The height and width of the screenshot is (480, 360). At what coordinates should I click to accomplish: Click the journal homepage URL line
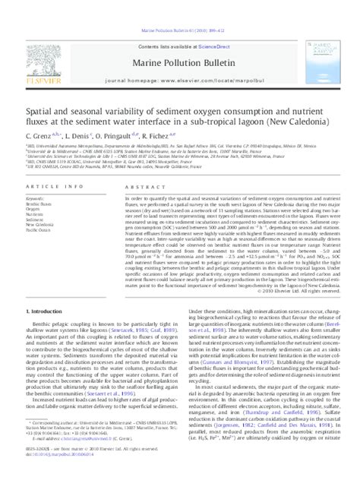coord(181,58)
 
